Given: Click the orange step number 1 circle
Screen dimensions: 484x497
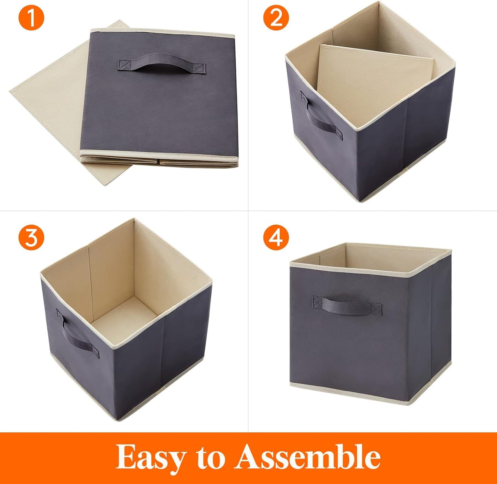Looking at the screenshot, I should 31,18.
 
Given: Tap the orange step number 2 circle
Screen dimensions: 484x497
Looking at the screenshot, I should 276,18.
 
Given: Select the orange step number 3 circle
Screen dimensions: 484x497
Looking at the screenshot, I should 31,237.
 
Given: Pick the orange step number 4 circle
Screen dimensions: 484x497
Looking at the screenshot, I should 276,237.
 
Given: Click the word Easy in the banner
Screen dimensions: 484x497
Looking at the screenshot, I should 150,457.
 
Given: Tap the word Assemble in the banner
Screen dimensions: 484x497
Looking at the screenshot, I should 307,457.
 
